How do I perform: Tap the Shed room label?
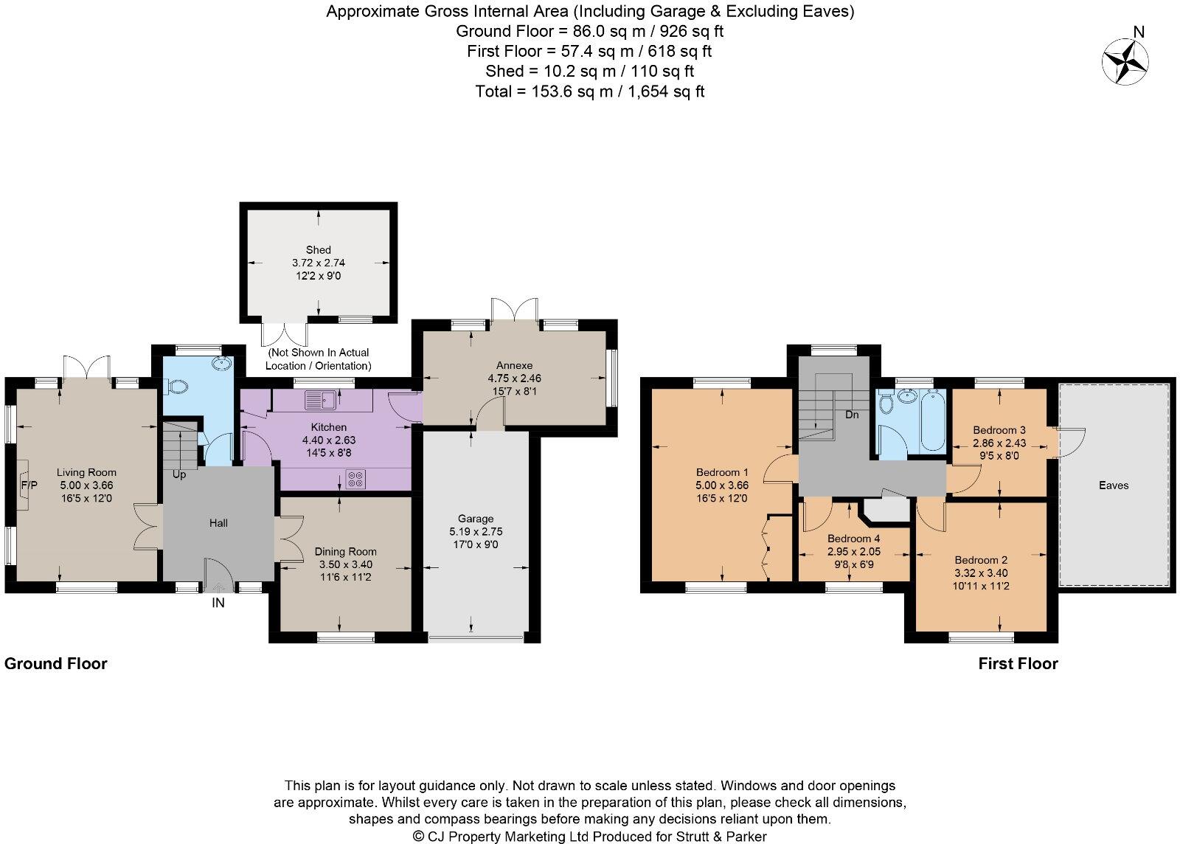(319, 250)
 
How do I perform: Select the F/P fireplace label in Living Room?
(29, 485)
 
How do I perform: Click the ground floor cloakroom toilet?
(176, 386)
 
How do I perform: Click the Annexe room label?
(514, 365)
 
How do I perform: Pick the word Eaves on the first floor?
(1113, 485)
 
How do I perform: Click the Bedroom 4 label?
(853, 539)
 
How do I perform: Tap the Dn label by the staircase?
(852, 415)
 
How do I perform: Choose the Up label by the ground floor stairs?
(179, 474)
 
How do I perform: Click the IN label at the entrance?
(218, 603)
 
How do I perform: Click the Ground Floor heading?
(56, 663)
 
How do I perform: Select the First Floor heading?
(1018, 663)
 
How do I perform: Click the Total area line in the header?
(590, 91)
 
